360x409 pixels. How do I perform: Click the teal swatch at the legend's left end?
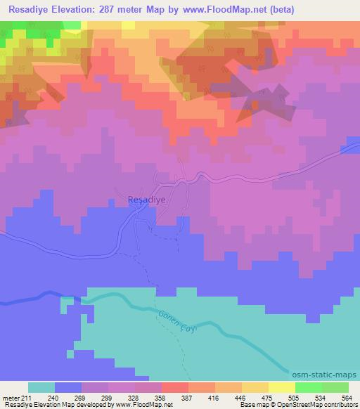[x=41, y=387]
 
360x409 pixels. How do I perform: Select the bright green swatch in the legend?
[x=308, y=387]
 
